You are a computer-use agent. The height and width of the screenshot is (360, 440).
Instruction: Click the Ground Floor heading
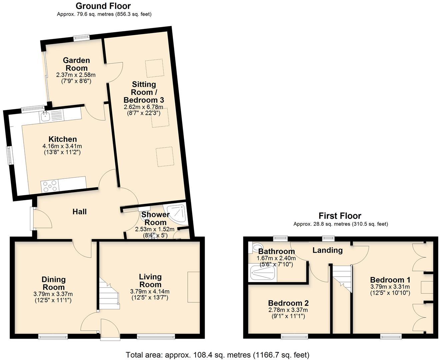point(103,6)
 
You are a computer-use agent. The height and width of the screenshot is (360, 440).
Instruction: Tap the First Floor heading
point(340,216)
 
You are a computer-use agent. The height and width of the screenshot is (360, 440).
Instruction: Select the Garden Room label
point(76,64)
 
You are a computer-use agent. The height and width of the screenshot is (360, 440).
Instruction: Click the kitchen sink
point(45,116)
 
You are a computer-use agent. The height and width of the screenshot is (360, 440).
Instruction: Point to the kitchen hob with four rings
point(49,186)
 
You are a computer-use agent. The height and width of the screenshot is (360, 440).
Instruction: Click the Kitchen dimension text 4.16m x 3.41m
point(62,146)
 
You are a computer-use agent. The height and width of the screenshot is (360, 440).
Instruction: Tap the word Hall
point(80,212)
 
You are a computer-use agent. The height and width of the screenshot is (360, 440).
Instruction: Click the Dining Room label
point(54,283)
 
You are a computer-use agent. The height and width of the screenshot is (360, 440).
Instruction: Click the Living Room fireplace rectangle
point(194,287)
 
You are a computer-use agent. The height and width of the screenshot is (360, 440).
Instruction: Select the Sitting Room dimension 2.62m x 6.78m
point(143,107)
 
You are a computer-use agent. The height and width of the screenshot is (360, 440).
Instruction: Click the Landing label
point(327,250)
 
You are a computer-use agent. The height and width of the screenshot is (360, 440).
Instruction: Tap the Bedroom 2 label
point(288,303)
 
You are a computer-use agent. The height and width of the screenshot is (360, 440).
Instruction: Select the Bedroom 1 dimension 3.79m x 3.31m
point(390,287)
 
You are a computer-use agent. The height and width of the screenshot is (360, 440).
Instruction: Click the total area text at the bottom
point(217,355)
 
